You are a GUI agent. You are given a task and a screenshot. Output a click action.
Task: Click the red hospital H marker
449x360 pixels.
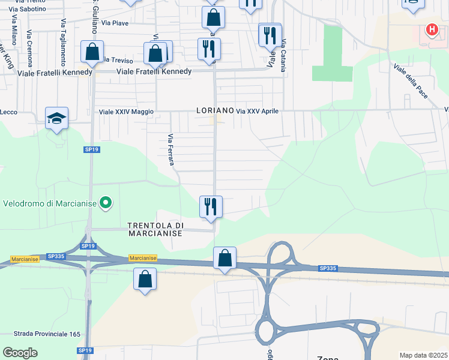click(x=431, y=29)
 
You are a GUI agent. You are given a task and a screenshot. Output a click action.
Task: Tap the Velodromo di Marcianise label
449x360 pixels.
click(x=50, y=203)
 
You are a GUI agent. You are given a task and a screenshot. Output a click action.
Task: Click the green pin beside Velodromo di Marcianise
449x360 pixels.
click(x=106, y=203)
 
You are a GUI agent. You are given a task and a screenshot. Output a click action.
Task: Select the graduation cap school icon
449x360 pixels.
click(x=56, y=118)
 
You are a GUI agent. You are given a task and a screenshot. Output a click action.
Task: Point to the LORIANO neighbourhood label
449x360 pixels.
click(x=214, y=111)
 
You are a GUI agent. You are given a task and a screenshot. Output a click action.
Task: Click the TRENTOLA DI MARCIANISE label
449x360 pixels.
click(x=155, y=229)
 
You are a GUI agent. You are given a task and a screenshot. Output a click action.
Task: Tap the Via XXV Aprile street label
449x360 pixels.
click(x=257, y=112)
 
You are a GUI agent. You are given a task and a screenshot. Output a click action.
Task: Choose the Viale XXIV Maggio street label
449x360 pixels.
click(x=127, y=112)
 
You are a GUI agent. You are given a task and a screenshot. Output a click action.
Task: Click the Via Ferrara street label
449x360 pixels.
click(x=170, y=150)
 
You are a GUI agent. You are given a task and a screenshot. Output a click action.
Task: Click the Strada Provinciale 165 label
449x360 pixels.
click(x=47, y=334)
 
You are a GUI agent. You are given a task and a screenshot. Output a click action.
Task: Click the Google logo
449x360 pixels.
click(x=20, y=353)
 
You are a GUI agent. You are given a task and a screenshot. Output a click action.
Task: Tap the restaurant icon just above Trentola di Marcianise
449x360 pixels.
click(x=211, y=207)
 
